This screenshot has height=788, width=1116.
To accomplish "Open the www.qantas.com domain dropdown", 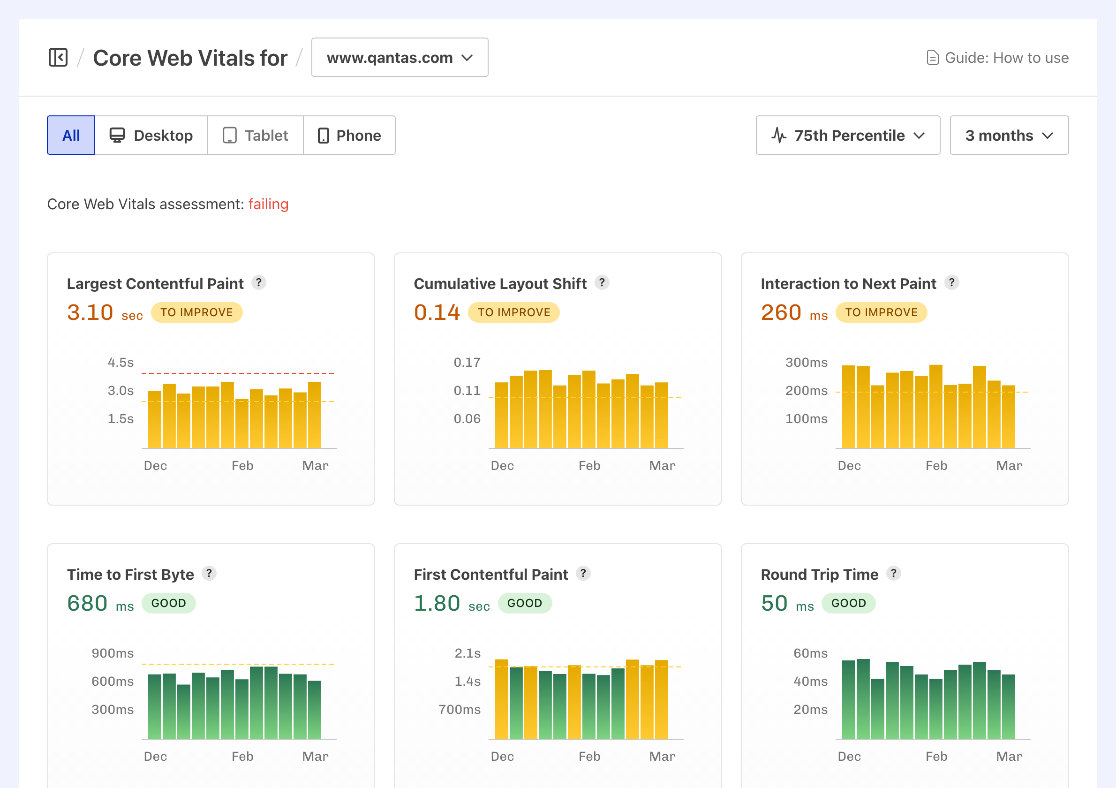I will [x=400, y=57].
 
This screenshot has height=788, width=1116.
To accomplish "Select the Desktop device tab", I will [x=151, y=135].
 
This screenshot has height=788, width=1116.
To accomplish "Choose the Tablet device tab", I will [x=255, y=135].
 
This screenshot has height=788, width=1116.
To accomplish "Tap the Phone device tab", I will [x=349, y=135].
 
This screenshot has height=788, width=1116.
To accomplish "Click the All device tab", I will [x=71, y=135].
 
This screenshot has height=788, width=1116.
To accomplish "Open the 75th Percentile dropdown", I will [x=848, y=135].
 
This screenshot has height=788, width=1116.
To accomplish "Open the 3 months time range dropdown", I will [x=1009, y=135].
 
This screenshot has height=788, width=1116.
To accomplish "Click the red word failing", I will [x=268, y=204].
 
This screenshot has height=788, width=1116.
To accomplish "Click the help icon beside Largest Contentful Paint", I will [x=258, y=282].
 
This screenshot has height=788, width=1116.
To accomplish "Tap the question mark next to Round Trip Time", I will [x=893, y=573].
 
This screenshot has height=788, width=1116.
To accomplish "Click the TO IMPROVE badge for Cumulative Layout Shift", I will [x=514, y=312].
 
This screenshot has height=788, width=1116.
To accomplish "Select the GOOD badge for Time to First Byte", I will [x=169, y=603].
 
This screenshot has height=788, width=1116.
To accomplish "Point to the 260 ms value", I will [x=793, y=312].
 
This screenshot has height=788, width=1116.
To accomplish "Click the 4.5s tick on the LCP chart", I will [x=121, y=362].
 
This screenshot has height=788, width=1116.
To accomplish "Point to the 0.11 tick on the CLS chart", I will [x=467, y=390].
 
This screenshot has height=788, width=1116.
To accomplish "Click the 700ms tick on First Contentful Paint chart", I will [x=460, y=709].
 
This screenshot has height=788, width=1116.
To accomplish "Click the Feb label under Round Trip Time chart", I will [x=936, y=757].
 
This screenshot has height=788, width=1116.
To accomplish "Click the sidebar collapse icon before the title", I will [x=58, y=57].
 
